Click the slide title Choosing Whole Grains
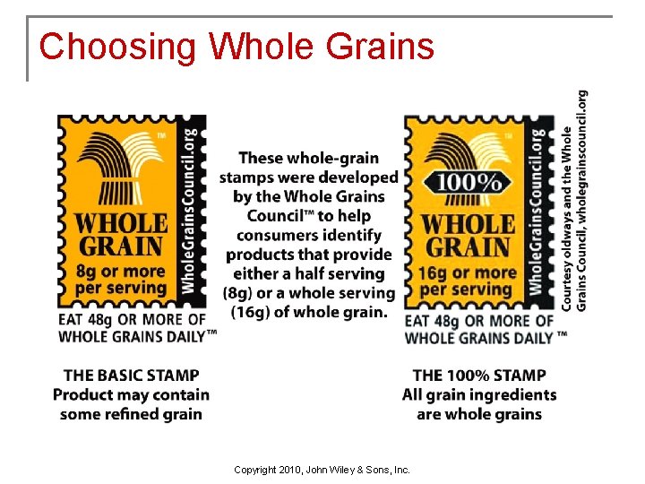tap(236, 47)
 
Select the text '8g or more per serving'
tap(121, 280)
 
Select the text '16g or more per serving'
tap(467, 280)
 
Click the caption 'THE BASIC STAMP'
tap(132, 376)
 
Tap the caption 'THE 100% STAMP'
tap(479, 376)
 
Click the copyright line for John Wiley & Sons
tap(322, 470)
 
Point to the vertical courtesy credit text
tap(574, 200)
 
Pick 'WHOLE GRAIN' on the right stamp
tap(467, 235)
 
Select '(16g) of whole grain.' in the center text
tap(309, 312)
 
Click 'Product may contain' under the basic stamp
tap(132, 395)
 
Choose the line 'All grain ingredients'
tap(479, 395)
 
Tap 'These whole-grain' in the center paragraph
tap(309, 159)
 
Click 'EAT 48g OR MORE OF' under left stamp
tap(132, 319)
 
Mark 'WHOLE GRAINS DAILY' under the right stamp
tap(479, 338)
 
